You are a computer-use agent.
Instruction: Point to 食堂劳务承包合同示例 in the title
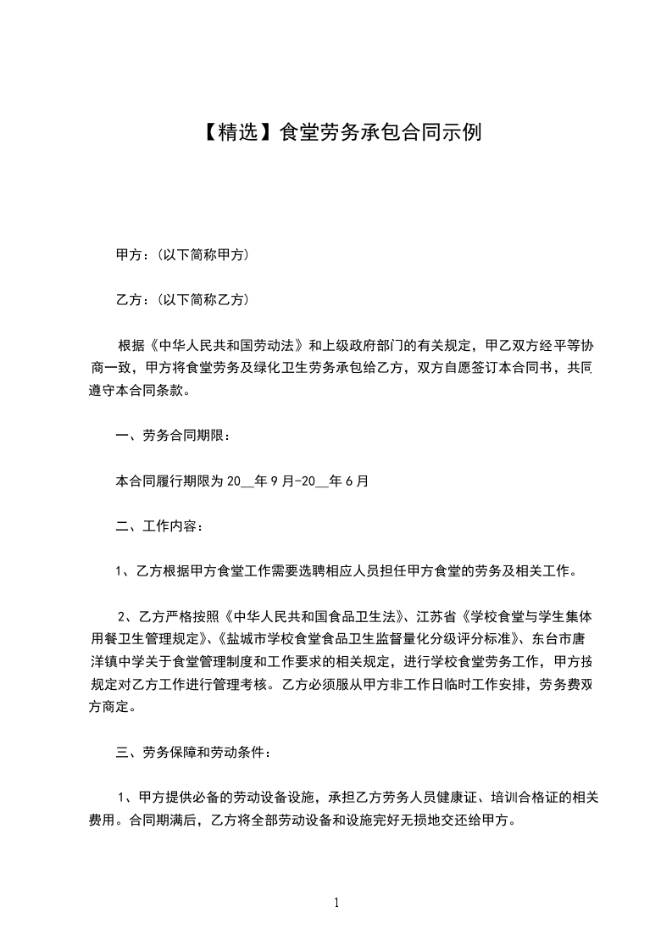(380, 132)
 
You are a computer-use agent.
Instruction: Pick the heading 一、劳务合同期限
(171, 436)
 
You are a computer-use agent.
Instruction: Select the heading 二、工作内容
(158, 526)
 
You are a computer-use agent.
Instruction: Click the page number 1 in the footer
(336, 904)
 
